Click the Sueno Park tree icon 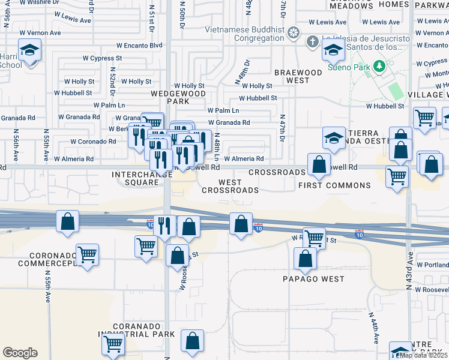click(379, 65)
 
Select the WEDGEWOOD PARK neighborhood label click(178, 97)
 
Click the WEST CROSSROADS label click(230, 186)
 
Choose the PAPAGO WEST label click(314, 279)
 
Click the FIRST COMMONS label click(334, 185)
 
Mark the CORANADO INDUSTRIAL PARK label click(137, 330)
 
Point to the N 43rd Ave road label click(409, 275)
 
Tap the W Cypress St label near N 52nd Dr click(102, 58)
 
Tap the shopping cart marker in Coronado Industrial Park click(113, 344)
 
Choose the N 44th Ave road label click(372, 327)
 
